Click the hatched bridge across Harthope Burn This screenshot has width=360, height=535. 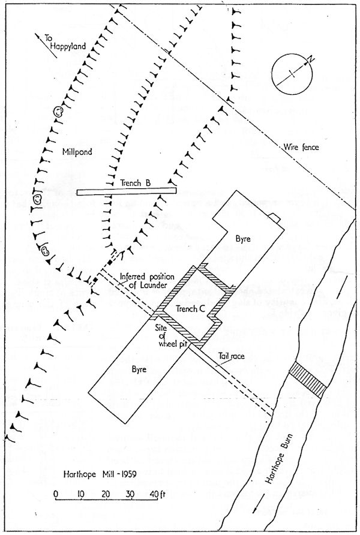[x=307, y=380]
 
